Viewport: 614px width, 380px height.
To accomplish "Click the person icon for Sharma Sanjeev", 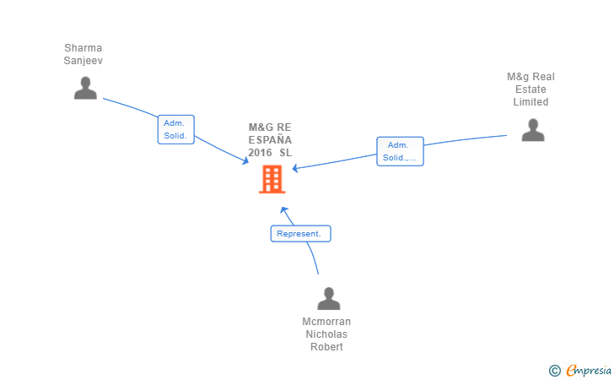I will [x=85, y=88].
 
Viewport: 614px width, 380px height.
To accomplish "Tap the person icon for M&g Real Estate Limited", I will [x=532, y=130].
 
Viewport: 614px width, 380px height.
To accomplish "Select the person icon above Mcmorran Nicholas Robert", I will [x=328, y=298].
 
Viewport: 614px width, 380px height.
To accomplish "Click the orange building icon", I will [x=272, y=180].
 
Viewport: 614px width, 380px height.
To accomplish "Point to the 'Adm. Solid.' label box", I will [x=176, y=129].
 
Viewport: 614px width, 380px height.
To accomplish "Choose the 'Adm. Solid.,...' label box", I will [x=400, y=151].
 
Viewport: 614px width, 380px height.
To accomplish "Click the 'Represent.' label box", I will [x=300, y=233].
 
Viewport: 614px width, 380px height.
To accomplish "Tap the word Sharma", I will [x=83, y=48].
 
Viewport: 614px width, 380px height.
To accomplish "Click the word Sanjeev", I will [x=83, y=61].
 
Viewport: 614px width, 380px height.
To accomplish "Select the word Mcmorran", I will [x=326, y=322].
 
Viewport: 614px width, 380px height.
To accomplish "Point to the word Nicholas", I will [x=326, y=334].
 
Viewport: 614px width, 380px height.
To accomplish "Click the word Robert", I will [x=326, y=347].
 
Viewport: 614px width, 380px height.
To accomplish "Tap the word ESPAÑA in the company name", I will [x=270, y=140].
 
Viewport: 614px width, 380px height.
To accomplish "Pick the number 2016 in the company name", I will [x=260, y=153].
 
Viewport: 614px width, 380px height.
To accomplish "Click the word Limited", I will [x=531, y=102].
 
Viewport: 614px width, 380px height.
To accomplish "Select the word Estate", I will [x=531, y=90].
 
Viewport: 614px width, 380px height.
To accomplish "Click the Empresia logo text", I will [x=588, y=369].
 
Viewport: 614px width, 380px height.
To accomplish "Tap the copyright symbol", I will [x=554, y=370].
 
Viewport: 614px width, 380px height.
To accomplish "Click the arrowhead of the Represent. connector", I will [x=284, y=209].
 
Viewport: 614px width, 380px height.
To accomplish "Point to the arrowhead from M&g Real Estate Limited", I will [x=295, y=168].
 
